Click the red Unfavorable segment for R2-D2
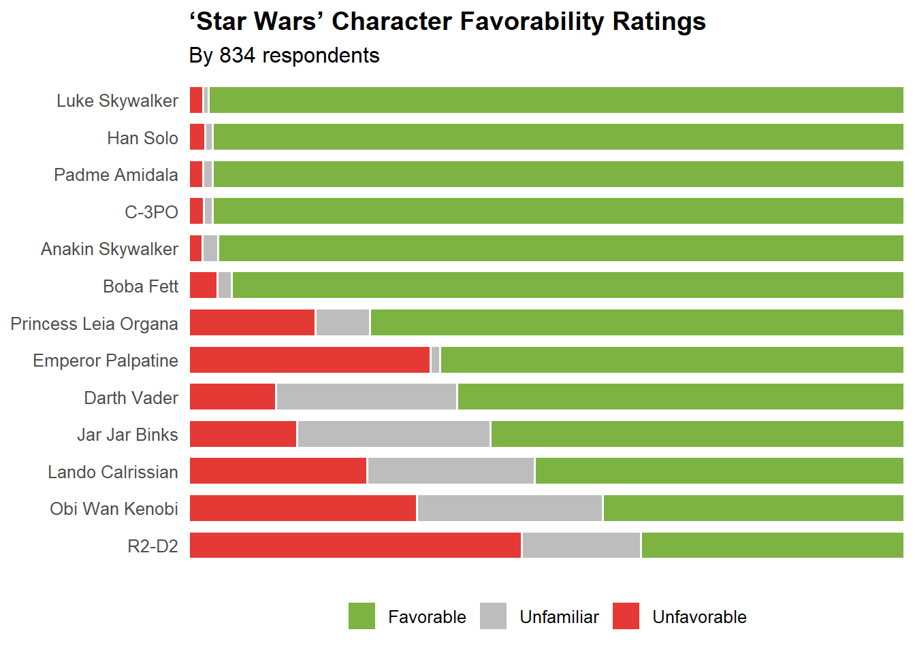[x=355, y=546]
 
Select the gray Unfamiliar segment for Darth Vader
[x=366, y=397]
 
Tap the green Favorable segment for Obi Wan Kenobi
[x=753, y=508]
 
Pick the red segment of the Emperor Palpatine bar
[x=310, y=360]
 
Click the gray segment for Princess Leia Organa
[x=342, y=322]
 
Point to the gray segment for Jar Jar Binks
[x=394, y=434]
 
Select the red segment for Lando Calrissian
[x=278, y=471]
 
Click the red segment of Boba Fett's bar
[x=203, y=285]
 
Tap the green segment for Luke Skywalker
[x=556, y=100]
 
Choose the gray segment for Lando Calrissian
[x=451, y=471]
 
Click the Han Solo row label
[x=142, y=138]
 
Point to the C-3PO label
[x=151, y=212]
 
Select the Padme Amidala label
[x=116, y=175]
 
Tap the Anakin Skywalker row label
[x=109, y=249]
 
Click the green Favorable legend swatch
[x=362, y=616]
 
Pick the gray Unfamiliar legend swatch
[x=493, y=616]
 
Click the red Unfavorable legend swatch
[x=626, y=616]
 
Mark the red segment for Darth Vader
[x=232, y=397]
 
